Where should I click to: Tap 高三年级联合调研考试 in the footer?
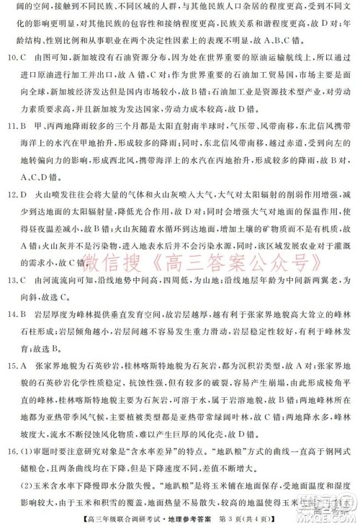coord(136,516)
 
